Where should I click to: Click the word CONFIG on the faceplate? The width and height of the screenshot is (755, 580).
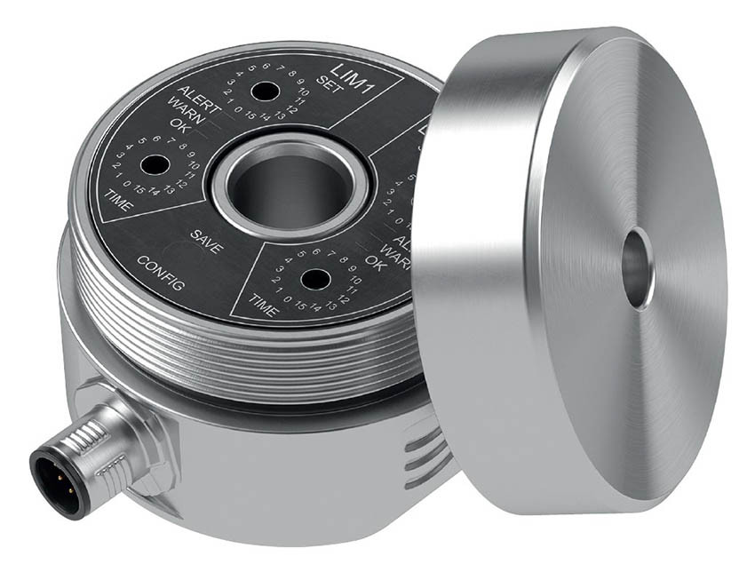pyautogui.click(x=160, y=274)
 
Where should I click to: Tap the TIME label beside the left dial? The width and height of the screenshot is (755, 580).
pyautogui.click(x=119, y=201)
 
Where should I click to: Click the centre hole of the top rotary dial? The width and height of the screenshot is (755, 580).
pyautogui.click(x=262, y=91)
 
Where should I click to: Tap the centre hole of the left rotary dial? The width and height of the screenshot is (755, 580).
pyautogui.click(x=154, y=165)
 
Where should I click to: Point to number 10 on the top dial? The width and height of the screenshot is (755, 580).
pyautogui.click(x=302, y=92)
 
